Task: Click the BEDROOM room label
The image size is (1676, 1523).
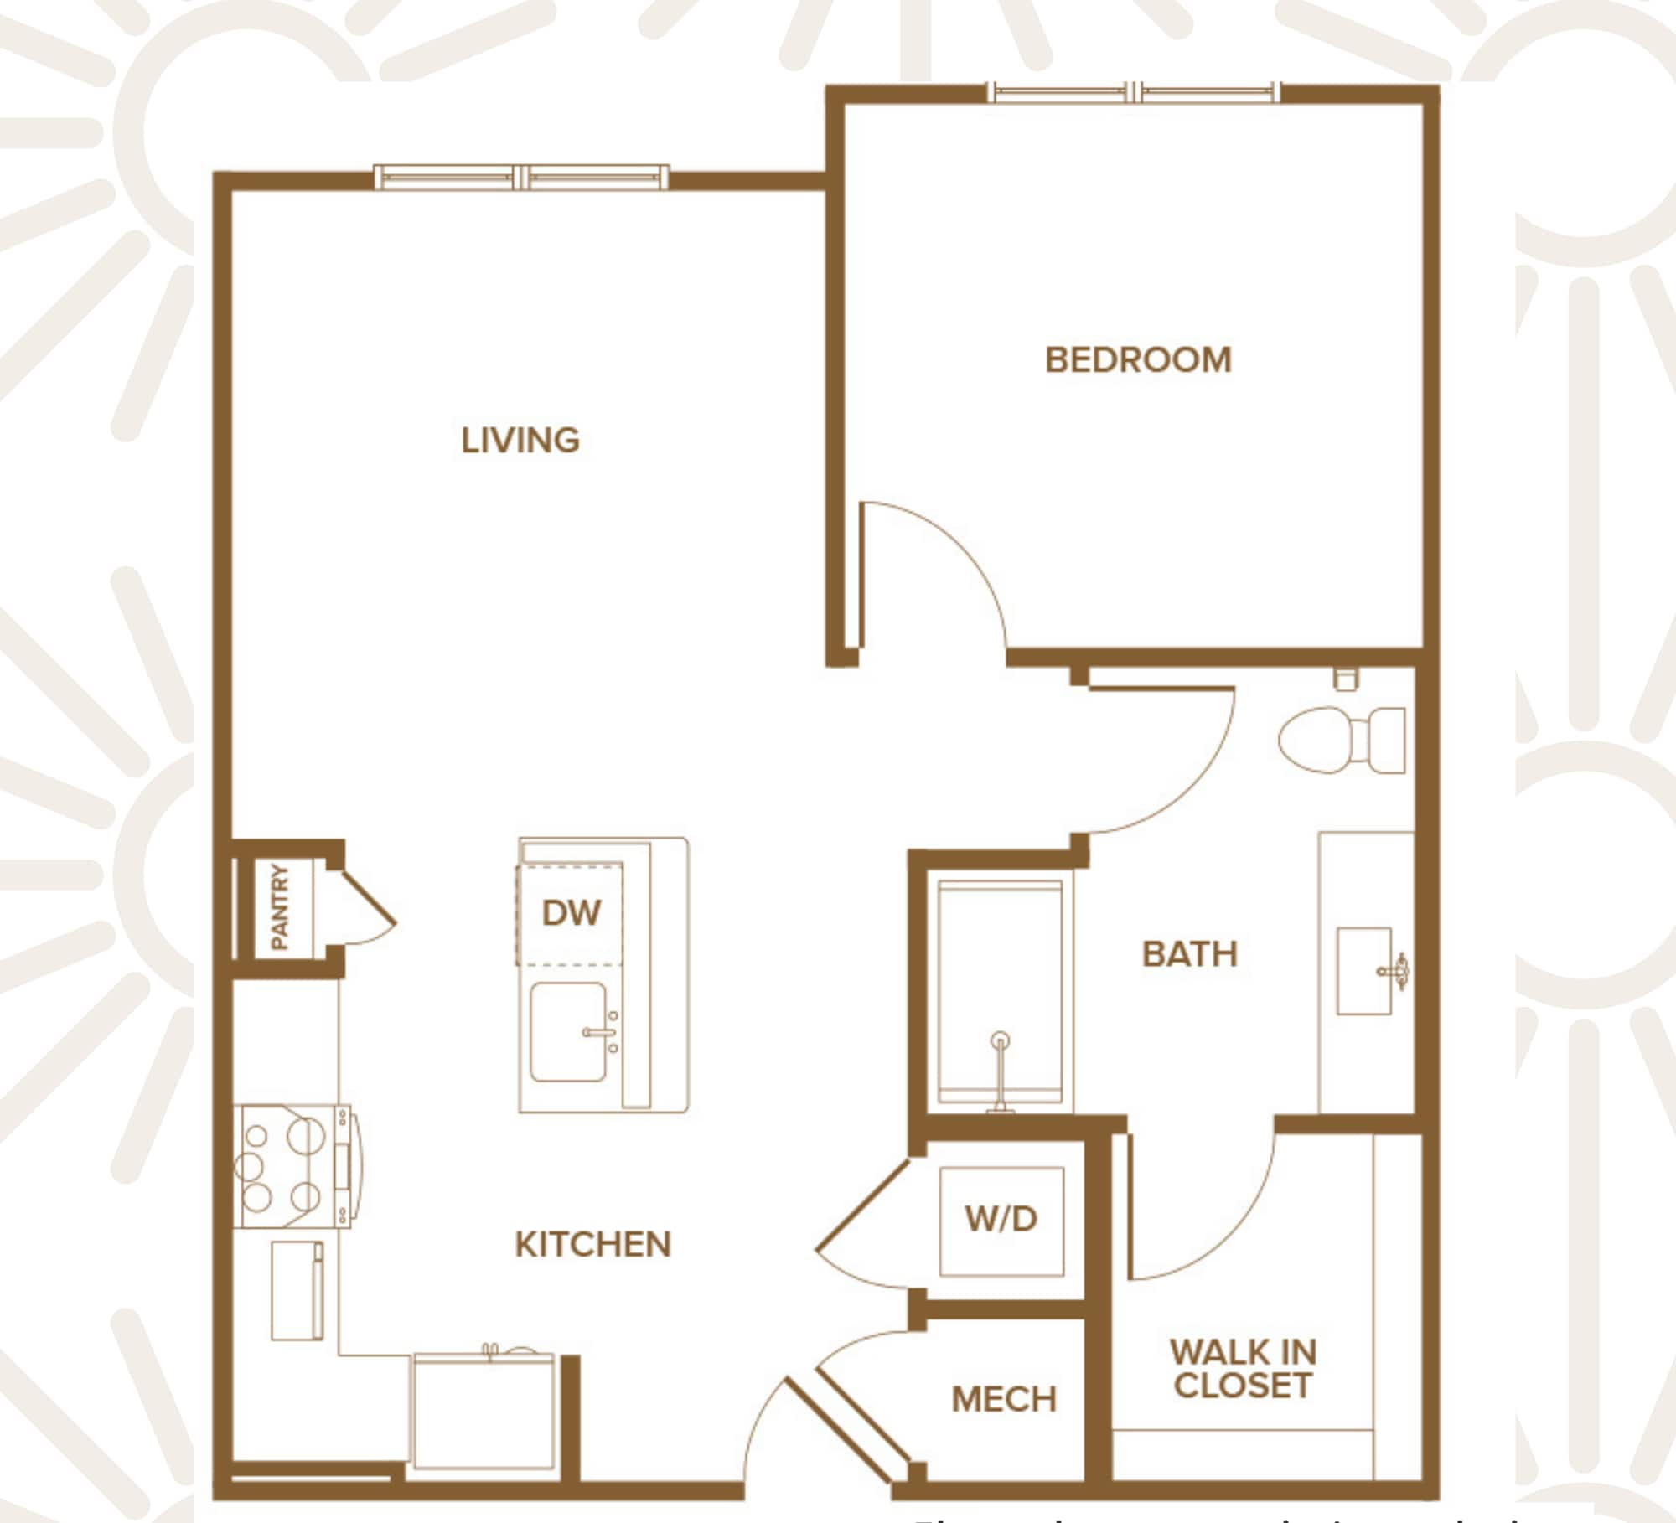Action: click(x=1138, y=360)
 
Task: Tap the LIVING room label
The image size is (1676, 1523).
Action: click(x=520, y=441)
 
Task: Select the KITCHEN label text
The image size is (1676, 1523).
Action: click(x=592, y=1245)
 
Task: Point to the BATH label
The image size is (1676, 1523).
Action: click(x=1189, y=954)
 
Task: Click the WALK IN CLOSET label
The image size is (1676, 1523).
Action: click(x=1243, y=1369)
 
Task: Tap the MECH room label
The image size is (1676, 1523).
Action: click(x=1003, y=1399)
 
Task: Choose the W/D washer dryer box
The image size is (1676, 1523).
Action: click(x=1001, y=1220)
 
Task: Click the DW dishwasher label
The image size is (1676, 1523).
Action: click(x=571, y=913)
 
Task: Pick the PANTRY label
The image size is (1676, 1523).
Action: click(x=280, y=907)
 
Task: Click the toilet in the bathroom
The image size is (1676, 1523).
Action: click(x=1341, y=741)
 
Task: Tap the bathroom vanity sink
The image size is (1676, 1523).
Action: click(x=1364, y=971)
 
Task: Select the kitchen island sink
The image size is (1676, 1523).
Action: click(x=569, y=1032)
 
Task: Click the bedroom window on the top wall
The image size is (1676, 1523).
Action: click(x=1134, y=93)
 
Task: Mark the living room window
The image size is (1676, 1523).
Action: click(x=521, y=178)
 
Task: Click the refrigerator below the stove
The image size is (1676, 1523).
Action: click(x=297, y=1290)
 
